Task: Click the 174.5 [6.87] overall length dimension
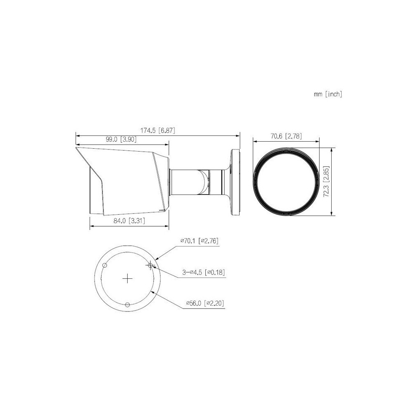tap(157, 131)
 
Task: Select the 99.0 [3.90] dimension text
tap(121, 139)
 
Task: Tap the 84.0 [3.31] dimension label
tap(129, 221)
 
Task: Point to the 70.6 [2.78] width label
tap(286, 136)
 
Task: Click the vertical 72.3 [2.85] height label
tap(326, 182)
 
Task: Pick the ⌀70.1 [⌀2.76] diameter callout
tap(199, 240)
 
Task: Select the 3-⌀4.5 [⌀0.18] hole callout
tap(204, 272)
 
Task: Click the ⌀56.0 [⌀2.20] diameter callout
tap(205, 304)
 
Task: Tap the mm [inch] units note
tap(328, 94)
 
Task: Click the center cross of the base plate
tap(128, 278)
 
